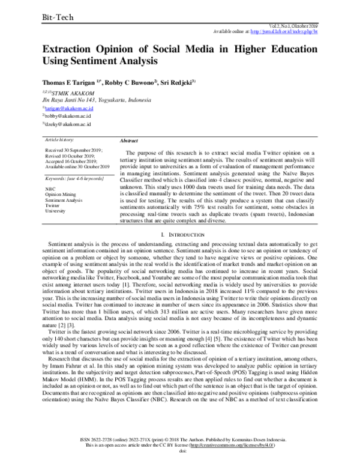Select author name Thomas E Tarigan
click(70, 82)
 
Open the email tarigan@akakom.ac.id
click(68, 109)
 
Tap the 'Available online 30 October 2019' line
click(77, 166)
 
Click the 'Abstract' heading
click(129, 141)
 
